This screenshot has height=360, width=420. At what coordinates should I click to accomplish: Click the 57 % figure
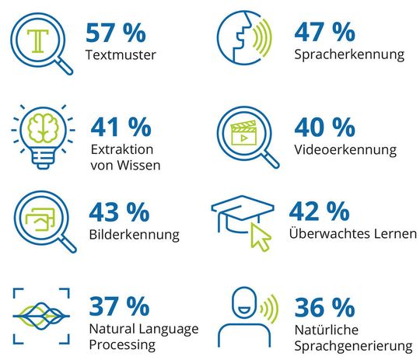click(x=117, y=33)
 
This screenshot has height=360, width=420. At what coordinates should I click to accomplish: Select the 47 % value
click(x=325, y=33)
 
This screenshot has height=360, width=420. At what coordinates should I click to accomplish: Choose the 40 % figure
click(x=324, y=127)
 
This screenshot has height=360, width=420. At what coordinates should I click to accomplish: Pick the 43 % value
click(x=118, y=212)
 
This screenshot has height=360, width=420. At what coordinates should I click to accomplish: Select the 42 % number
click(x=318, y=212)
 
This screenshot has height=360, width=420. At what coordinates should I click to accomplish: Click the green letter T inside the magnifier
click(x=37, y=37)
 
